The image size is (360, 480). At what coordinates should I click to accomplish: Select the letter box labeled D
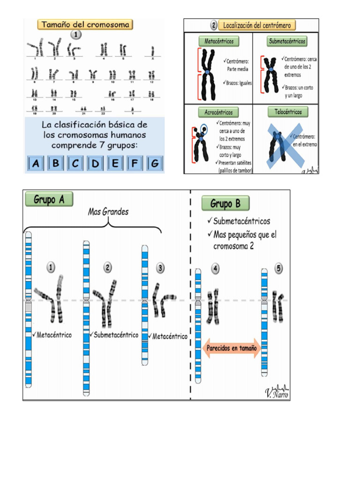click(x=95, y=164)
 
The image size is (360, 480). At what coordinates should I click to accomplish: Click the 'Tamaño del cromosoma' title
click(x=86, y=24)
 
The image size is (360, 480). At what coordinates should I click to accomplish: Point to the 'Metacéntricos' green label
click(x=218, y=41)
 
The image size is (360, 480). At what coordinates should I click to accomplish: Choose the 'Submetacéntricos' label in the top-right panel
click(x=287, y=41)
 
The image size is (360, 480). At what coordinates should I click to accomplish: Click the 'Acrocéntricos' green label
click(x=218, y=112)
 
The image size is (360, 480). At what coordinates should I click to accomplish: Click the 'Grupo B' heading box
click(x=225, y=204)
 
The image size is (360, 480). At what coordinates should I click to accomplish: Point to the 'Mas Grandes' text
click(x=108, y=212)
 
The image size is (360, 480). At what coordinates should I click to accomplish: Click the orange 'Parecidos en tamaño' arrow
click(x=232, y=349)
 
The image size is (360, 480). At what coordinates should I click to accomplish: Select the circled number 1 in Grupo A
click(x=51, y=267)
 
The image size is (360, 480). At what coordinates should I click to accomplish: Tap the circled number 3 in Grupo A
click(x=160, y=268)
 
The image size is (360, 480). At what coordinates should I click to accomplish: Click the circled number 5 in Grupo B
click(x=279, y=269)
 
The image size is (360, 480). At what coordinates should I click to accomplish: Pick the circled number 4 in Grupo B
click(x=215, y=269)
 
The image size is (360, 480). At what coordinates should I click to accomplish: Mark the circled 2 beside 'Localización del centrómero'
click(x=214, y=25)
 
